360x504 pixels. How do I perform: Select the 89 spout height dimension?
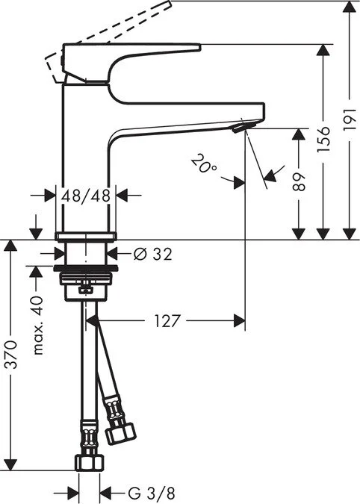[299, 182]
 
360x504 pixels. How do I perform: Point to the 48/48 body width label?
[87, 195]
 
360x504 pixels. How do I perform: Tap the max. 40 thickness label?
[37, 327]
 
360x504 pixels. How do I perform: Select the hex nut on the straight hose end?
[88, 461]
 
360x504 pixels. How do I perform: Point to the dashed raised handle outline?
[112, 30]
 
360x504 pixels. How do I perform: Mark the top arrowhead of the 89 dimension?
[299, 135]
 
